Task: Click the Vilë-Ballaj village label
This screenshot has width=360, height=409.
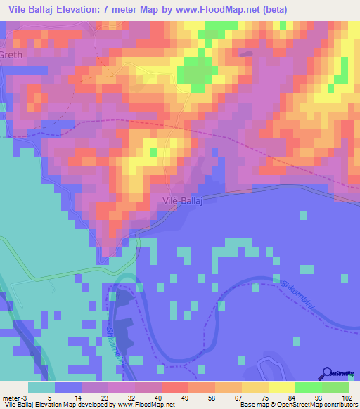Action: point(184,201)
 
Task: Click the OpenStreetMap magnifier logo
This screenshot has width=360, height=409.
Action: point(328,374)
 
